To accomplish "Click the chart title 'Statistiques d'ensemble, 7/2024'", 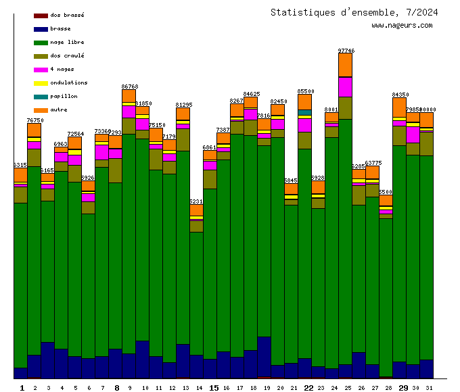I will [x=354, y=12].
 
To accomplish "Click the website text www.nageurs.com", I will [x=402, y=26].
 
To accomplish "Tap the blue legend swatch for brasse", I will [x=41, y=29].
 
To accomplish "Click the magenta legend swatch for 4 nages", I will [x=41, y=70].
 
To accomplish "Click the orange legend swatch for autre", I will [x=41, y=110].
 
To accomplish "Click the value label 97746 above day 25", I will [x=346, y=51].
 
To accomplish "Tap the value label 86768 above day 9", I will [x=129, y=87].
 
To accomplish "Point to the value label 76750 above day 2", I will [x=34, y=120].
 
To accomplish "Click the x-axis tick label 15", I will [x=213, y=387].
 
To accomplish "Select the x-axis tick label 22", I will [x=308, y=387].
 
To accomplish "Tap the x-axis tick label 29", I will [x=402, y=387].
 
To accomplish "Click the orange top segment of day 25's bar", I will [x=345, y=65].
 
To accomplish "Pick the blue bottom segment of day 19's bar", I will [x=264, y=356].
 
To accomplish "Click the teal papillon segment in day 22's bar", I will [x=304, y=112].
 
